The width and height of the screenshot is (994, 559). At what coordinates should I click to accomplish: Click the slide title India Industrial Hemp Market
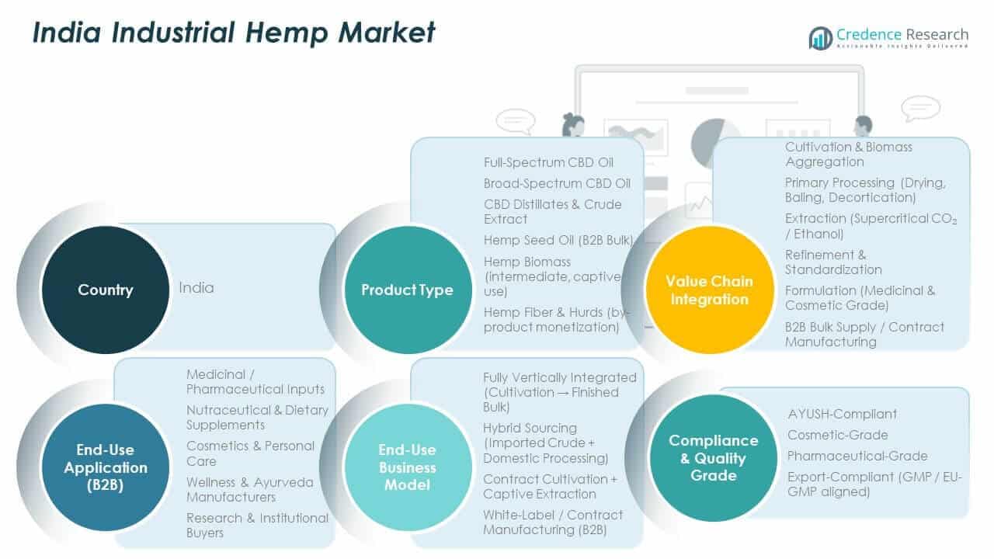233,33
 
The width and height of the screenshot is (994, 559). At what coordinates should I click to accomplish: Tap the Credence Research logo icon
820,37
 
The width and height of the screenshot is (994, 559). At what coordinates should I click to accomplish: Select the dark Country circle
105,290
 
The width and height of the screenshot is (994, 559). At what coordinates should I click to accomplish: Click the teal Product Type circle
407,290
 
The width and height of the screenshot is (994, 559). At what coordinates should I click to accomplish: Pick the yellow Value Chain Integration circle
709,290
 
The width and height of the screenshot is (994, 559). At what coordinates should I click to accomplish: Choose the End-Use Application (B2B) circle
105,467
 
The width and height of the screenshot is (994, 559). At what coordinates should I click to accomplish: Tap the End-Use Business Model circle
407,467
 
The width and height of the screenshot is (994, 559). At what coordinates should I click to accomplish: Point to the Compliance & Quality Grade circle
713,458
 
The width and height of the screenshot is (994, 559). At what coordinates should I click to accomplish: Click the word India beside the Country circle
196,287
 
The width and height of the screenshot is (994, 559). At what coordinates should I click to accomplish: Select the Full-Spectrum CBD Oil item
548,162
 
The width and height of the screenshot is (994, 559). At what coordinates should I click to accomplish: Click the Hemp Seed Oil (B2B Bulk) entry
558,240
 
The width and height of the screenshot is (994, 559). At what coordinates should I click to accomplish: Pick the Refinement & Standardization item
833,262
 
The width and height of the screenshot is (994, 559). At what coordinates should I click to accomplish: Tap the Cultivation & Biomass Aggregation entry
848,154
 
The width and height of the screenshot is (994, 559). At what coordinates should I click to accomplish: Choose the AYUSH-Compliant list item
842,414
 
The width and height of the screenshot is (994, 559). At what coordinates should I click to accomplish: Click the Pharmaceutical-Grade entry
857,456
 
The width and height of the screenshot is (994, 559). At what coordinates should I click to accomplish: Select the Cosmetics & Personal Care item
250,453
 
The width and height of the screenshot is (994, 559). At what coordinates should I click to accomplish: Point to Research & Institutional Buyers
257,525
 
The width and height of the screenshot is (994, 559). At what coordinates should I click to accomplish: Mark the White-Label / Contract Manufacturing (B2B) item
553,522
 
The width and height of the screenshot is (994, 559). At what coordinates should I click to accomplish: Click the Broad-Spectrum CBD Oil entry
557,183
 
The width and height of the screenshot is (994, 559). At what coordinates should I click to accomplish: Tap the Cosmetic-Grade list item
837,435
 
